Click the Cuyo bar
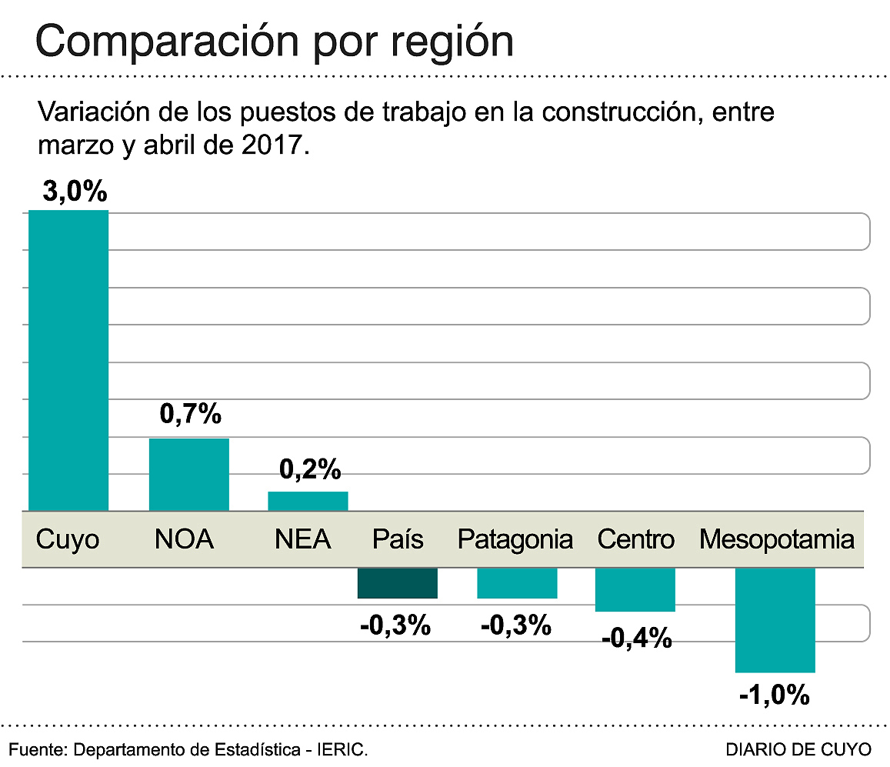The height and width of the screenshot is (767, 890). [68, 360]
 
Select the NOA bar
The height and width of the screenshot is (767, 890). [188, 474]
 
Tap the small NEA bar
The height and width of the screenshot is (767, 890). [308, 501]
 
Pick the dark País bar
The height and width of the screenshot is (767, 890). [397, 583]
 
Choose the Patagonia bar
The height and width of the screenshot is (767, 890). [517, 583]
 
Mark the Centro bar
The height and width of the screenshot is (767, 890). [635, 590]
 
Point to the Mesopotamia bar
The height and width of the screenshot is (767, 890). [775, 620]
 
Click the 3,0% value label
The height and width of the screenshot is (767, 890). [74, 192]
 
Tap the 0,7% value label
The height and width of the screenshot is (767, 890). [190, 415]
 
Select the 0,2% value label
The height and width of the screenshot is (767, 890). [309, 469]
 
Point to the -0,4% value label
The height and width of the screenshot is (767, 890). [636, 638]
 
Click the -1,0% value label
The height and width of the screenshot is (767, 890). [774, 695]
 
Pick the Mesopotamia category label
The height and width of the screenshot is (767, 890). [776, 539]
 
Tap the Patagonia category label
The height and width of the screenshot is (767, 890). [515, 539]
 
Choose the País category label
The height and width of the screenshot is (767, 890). [398, 539]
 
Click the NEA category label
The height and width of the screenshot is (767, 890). [302, 539]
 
